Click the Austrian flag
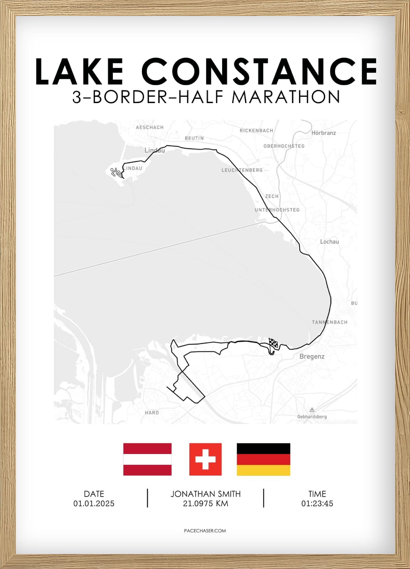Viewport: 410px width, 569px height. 147,459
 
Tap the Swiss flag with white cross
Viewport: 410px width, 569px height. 205,459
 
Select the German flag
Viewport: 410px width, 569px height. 263,459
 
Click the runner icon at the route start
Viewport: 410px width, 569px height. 116,172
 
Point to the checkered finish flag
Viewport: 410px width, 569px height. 273,344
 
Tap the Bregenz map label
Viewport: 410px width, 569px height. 312,357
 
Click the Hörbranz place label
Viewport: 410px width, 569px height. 324,133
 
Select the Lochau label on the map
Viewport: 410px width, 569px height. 329,242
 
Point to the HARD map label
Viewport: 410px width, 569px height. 152,413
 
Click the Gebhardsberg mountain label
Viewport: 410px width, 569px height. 312,417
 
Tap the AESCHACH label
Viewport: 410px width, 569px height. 150,127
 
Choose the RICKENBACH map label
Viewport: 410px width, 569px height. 256,131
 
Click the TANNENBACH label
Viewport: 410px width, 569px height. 329,322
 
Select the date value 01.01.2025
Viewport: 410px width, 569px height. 94,504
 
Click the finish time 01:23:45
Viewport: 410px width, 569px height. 317,504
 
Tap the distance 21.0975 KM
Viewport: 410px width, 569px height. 205,504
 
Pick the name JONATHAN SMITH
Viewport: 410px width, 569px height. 205,494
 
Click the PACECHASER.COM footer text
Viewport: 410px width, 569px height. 205,531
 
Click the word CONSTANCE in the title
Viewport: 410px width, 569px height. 259,71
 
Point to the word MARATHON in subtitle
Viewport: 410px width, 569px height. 286,97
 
